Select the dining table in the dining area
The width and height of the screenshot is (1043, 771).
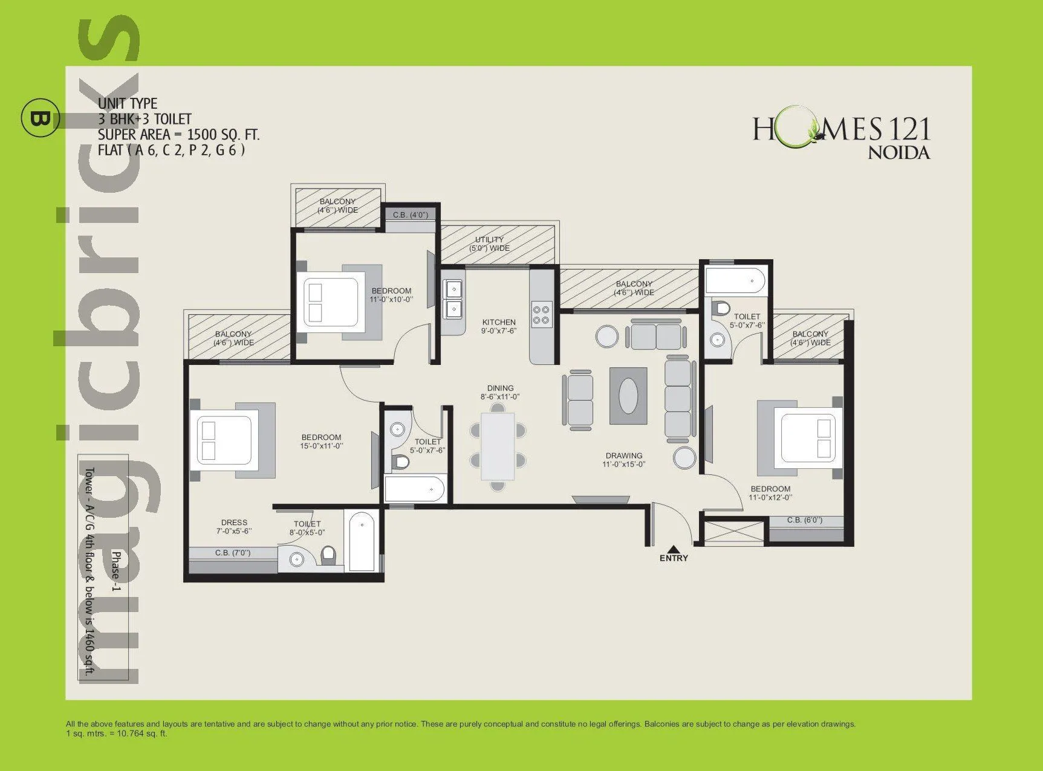click(x=498, y=446)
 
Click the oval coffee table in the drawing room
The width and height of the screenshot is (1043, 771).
click(x=629, y=395)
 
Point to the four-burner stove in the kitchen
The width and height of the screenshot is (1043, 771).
click(x=541, y=314)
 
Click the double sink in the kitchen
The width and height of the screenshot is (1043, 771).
click(x=452, y=300)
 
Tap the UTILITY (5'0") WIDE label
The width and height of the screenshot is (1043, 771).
click(x=489, y=244)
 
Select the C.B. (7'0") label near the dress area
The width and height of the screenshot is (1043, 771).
click(x=233, y=553)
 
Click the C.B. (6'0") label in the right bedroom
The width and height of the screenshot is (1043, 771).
click(x=804, y=520)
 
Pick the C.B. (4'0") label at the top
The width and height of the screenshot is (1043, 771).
click(x=410, y=215)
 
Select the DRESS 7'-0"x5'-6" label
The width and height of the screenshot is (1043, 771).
click(x=234, y=527)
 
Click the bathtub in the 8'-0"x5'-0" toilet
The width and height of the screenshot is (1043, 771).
click(x=362, y=540)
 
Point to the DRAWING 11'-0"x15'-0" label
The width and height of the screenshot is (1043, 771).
click(x=624, y=460)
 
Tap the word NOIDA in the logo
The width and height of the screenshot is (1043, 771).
click(x=898, y=152)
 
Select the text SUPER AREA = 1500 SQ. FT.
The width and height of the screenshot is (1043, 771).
click(x=178, y=135)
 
